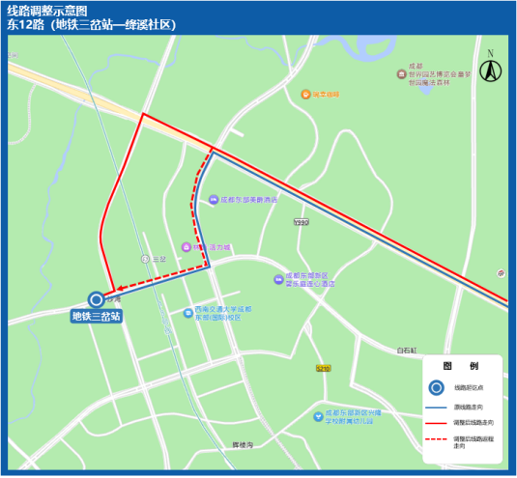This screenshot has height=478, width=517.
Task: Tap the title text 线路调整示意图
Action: (x=47, y=11)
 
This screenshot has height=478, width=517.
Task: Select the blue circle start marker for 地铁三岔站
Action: (x=96, y=299)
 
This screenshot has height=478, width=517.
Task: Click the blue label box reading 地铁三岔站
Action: (x=96, y=315)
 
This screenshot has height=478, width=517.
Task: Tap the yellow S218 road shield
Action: (x=323, y=368)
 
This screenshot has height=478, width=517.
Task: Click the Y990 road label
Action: (x=302, y=221)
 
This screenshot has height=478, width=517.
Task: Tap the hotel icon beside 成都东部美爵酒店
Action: (x=213, y=200)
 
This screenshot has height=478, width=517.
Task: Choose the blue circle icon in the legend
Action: (x=436, y=388)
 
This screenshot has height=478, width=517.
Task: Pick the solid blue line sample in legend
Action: (x=436, y=406)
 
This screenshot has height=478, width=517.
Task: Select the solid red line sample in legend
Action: (x=436, y=423)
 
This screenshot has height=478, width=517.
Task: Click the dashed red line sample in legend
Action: (x=436, y=440)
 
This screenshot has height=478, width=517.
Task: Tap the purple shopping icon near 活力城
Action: (x=191, y=247)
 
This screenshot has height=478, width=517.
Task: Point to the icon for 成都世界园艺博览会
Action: (x=401, y=74)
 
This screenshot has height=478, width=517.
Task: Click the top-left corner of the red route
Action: (x=144, y=115)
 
